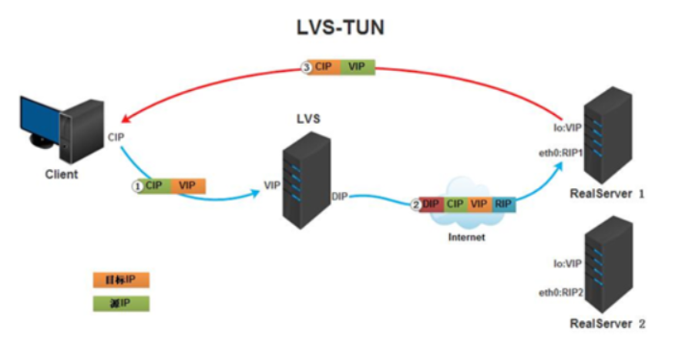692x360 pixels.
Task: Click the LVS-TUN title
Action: pos(340,28)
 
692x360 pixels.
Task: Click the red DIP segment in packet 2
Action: pos(431,204)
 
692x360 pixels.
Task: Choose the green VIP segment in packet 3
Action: pos(357,67)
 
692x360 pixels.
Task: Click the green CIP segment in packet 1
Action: pos(155,186)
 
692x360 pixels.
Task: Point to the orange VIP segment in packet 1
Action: pos(187,186)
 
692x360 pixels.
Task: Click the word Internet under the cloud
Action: pos(467,237)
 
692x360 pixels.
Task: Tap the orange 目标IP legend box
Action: pos(120,279)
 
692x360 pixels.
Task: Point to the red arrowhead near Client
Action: pos(123,121)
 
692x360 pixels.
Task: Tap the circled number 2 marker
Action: pos(415,204)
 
